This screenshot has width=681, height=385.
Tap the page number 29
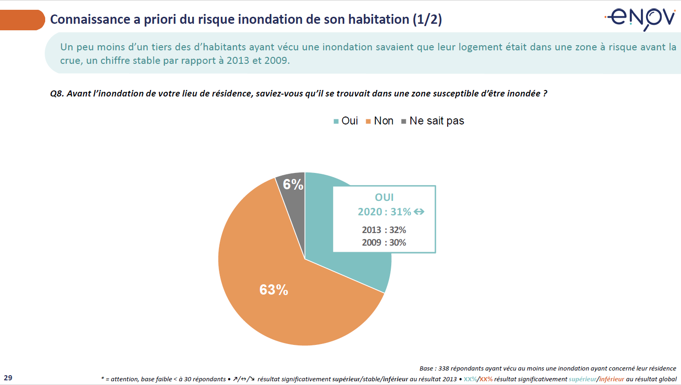(x=8, y=378)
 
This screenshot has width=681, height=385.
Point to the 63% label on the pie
(x=274, y=290)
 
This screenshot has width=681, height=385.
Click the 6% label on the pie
(x=293, y=185)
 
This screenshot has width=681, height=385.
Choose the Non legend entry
(x=380, y=121)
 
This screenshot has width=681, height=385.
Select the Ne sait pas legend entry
(x=433, y=121)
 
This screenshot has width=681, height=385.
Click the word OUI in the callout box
(x=384, y=198)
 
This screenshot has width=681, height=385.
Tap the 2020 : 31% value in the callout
(x=384, y=212)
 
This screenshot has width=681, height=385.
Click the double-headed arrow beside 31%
(x=419, y=212)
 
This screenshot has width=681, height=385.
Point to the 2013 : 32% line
(x=384, y=230)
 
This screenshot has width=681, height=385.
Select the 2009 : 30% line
(x=384, y=243)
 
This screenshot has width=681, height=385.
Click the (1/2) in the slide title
(x=427, y=20)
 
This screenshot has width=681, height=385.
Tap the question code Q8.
(x=56, y=94)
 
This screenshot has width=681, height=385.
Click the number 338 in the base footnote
(x=443, y=368)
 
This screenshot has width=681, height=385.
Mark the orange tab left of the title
(x=21, y=20)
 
